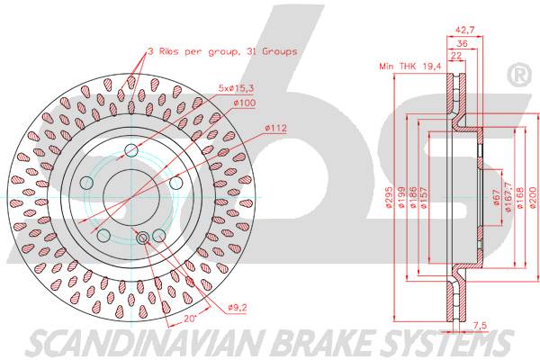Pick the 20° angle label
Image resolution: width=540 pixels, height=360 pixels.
(188, 319)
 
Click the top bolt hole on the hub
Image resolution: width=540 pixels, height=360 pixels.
(131, 149)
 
